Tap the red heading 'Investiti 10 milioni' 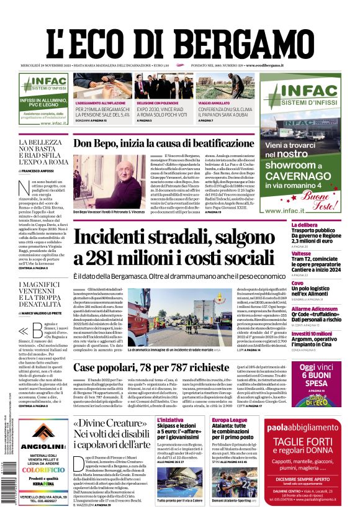[312, 333]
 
